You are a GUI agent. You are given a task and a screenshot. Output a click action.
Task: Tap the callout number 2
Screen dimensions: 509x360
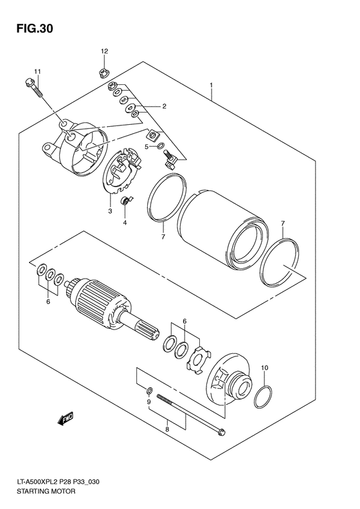point(165,106)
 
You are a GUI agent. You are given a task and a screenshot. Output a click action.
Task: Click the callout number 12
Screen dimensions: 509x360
point(104,50)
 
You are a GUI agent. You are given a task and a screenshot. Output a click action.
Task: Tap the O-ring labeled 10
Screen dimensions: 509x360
point(263,398)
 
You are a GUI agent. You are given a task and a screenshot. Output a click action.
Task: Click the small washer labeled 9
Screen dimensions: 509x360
point(149,390)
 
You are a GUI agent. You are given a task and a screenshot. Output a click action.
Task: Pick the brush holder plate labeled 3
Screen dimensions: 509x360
point(122,172)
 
